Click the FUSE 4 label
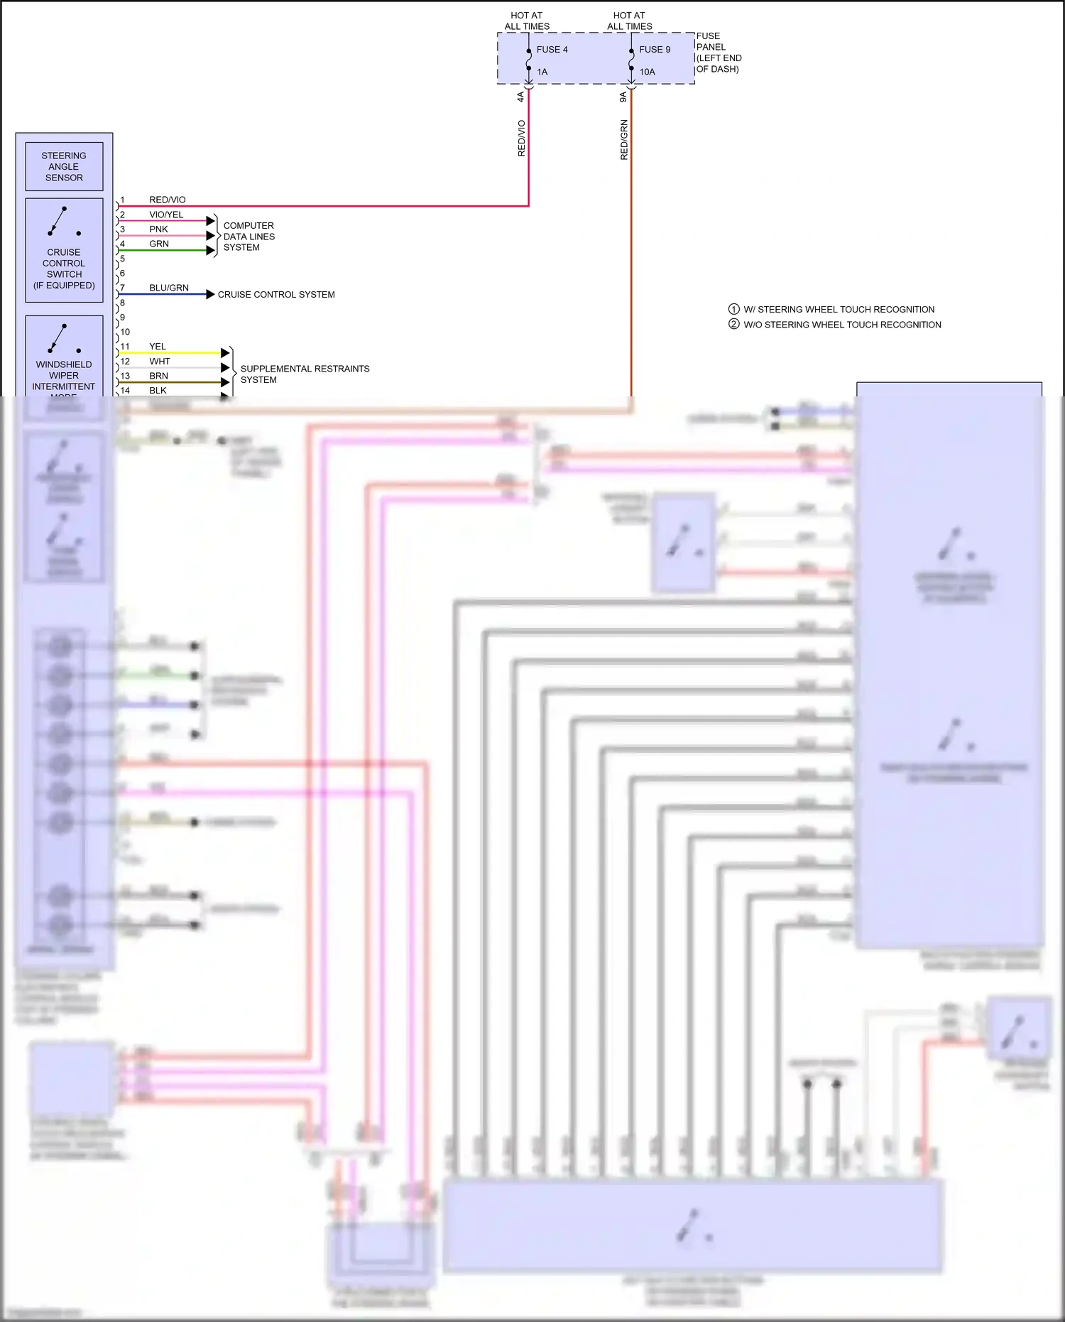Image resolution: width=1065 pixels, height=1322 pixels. tap(552, 50)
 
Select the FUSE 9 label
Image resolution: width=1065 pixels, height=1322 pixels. tap(654, 50)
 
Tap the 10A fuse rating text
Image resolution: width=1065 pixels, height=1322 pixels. tap(647, 72)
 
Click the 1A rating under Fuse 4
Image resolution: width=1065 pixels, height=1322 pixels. tap(542, 72)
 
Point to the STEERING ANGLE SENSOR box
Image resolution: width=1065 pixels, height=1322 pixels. tap(64, 167)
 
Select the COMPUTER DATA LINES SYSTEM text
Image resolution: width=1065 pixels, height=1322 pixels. tap(248, 237)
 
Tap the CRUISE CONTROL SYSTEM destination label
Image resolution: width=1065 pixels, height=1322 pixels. tap(276, 294)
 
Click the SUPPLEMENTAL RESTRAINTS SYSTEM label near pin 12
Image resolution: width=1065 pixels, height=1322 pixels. tap(305, 374)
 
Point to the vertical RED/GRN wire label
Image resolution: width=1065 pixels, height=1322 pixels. tap(624, 140)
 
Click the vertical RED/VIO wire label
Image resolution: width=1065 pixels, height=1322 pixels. tap(522, 138)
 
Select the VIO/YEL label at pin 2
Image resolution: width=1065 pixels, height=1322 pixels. tap(166, 215)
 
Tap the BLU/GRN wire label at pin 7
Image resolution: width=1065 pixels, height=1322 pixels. tap(169, 288)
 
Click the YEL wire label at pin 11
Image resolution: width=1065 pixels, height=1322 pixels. tap(158, 347)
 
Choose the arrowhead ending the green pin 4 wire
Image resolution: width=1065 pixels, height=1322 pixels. tap(210, 250)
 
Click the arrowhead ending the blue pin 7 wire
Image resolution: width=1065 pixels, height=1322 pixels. tap(210, 294)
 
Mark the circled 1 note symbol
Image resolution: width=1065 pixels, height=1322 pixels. tap(734, 309)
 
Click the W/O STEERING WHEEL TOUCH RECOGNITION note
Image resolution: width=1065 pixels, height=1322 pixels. tap(842, 325)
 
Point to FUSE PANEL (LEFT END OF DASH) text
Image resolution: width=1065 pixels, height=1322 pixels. tap(718, 53)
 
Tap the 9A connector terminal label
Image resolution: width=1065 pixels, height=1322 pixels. tap(623, 97)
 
